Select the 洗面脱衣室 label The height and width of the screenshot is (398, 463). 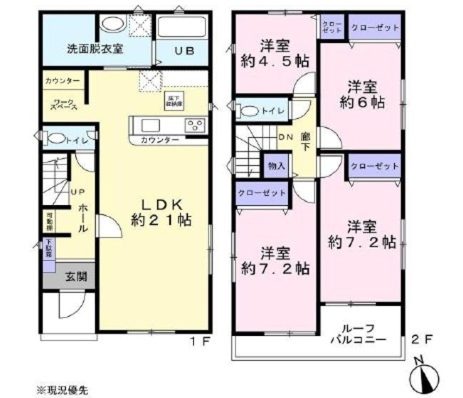pyautogui.click(x=95, y=49)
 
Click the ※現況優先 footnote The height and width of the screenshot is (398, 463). pyautogui.click(x=62, y=389)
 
